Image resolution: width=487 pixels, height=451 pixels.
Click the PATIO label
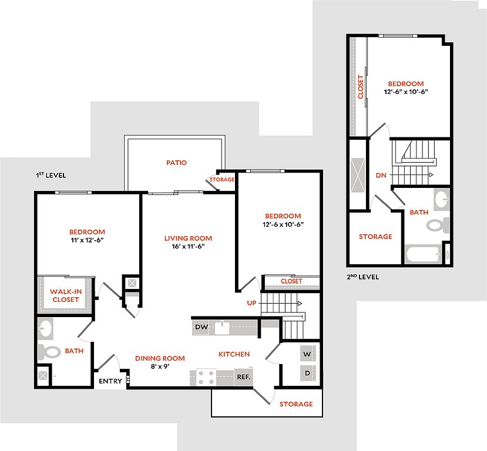point(176,163)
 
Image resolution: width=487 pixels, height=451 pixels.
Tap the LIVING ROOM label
point(188,238)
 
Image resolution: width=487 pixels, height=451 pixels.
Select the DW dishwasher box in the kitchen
point(201,327)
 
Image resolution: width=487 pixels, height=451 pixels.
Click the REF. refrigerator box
point(243,377)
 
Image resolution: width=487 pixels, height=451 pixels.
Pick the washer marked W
point(307,354)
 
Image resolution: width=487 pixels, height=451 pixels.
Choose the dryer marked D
point(307,373)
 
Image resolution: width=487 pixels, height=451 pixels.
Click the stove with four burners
point(206,378)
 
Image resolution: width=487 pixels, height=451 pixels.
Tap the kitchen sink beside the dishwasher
point(222,328)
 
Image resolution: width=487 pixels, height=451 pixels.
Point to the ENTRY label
point(110,381)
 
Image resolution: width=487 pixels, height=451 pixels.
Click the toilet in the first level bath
point(49,352)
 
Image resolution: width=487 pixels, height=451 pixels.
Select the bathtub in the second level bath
point(423,254)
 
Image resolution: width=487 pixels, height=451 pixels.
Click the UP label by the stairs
point(251,303)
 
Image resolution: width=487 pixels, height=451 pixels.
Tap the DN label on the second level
point(381,176)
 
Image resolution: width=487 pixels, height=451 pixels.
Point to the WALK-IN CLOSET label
point(66,295)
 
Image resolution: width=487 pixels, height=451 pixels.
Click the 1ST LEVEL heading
point(51,176)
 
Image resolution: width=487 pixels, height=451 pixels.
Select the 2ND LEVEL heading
point(363,277)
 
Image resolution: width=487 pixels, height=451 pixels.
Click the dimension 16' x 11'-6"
point(188,247)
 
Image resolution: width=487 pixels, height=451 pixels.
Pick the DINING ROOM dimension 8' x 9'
point(160,366)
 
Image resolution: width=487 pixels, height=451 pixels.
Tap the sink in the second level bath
point(442,198)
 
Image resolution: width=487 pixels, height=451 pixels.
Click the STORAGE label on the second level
point(375,237)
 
